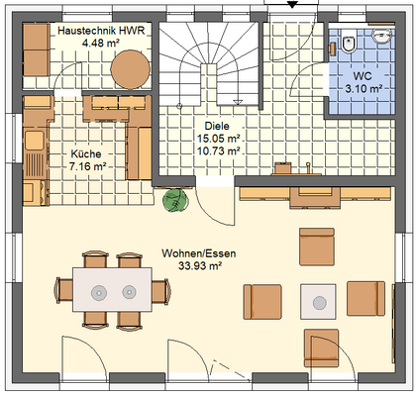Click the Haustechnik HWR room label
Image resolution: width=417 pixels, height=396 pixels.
[x=101, y=31]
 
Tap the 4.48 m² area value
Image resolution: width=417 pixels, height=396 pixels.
[x=101, y=43]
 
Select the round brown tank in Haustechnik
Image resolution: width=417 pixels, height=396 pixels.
[x=130, y=69]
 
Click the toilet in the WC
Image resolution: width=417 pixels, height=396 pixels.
[x=348, y=43]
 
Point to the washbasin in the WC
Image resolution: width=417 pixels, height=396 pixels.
[x=382, y=36]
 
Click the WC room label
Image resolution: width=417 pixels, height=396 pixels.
[x=363, y=76]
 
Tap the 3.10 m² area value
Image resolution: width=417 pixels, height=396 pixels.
[x=364, y=88]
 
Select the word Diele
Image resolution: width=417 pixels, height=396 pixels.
[x=217, y=126]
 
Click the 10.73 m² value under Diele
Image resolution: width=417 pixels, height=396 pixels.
[x=219, y=150]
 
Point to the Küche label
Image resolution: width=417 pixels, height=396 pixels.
[x=86, y=153]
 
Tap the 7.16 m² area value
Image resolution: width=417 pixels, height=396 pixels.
[x=87, y=166]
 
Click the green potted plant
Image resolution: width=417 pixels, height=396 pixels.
[x=175, y=200]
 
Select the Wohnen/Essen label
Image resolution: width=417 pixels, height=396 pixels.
[x=199, y=253]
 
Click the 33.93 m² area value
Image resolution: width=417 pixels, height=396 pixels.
[x=200, y=265]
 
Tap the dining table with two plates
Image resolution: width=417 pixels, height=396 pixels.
[x=112, y=290]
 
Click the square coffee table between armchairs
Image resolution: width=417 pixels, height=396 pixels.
[x=318, y=302]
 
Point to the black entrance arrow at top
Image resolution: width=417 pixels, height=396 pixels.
[x=292, y=4]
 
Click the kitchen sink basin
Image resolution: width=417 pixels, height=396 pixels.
[x=35, y=140]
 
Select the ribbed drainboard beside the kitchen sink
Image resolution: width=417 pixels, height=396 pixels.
[x=35, y=165]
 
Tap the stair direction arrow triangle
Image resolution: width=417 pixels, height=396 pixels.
[x=238, y=102]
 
